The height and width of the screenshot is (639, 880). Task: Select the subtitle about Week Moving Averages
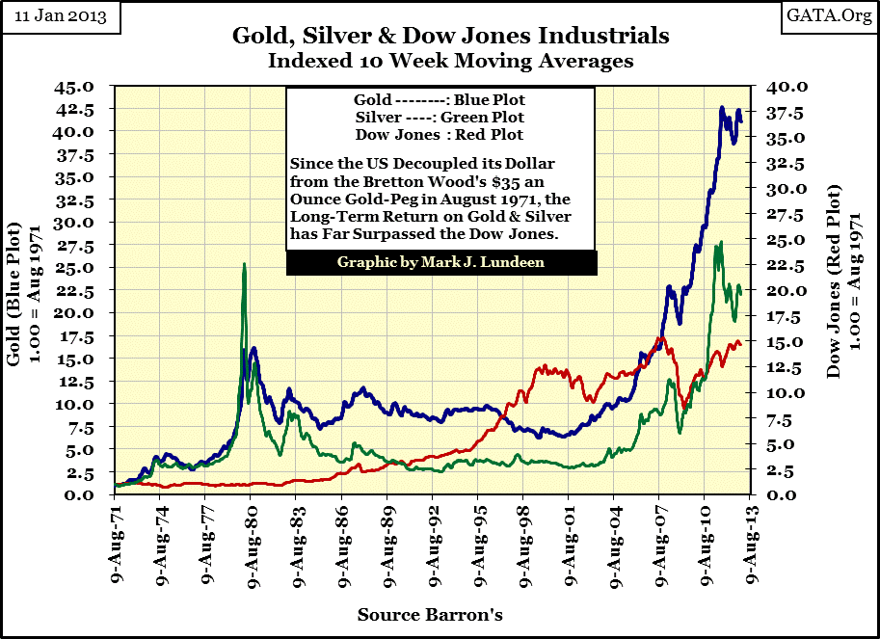(440, 60)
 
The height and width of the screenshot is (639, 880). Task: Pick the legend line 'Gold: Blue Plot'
(440, 100)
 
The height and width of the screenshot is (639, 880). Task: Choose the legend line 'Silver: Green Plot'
(440, 117)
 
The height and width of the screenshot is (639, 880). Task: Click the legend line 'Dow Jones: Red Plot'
(440, 134)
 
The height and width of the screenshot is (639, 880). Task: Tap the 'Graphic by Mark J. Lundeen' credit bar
(440, 262)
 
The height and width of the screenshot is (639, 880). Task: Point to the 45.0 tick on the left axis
(80, 87)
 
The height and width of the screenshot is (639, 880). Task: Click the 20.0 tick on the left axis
(80, 314)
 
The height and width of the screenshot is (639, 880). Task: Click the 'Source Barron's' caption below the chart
(430, 614)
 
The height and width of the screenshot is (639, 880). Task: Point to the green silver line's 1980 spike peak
(244, 265)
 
